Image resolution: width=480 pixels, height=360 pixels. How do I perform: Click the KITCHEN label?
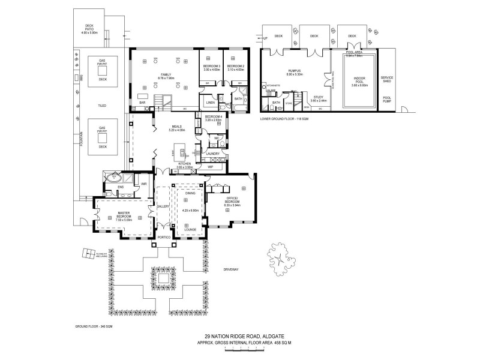click(184, 163)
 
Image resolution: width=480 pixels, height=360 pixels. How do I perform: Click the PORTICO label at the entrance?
click(164, 238)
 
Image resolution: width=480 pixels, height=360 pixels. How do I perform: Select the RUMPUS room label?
click(294, 71)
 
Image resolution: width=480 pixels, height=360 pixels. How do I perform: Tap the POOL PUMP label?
click(387, 100)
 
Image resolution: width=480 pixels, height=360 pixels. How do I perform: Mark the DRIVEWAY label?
click(230, 269)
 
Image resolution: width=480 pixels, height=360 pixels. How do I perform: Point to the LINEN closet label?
click(211, 101)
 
